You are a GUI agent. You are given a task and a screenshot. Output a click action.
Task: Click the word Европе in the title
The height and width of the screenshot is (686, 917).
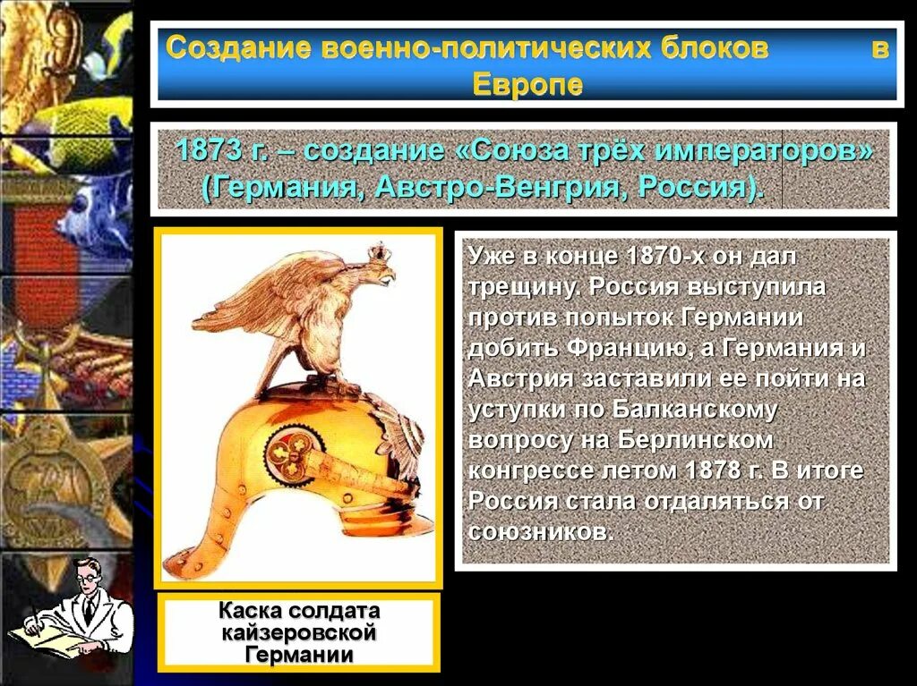coord(527,84)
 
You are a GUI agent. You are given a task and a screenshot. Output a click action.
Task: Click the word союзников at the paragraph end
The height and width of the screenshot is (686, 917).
coord(539,531)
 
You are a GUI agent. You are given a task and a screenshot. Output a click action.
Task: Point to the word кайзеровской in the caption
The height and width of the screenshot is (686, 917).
coord(298,633)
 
